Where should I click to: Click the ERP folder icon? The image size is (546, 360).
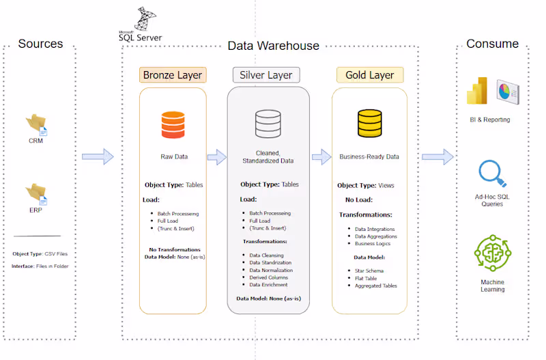36,193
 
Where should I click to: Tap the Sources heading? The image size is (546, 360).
40,44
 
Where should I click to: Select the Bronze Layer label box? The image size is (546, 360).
172,74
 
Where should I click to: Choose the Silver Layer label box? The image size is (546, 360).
266,74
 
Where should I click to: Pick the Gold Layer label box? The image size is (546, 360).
370,74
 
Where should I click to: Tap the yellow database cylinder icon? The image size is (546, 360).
369,124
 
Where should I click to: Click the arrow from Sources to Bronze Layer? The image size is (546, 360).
98,157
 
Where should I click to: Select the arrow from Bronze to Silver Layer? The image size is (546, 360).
216,157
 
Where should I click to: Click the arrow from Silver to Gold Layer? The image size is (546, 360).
321,157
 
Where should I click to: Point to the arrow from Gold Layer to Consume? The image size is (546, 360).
437,157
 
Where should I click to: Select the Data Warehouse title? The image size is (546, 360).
273,46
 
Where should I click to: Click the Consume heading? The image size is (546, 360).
492,44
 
